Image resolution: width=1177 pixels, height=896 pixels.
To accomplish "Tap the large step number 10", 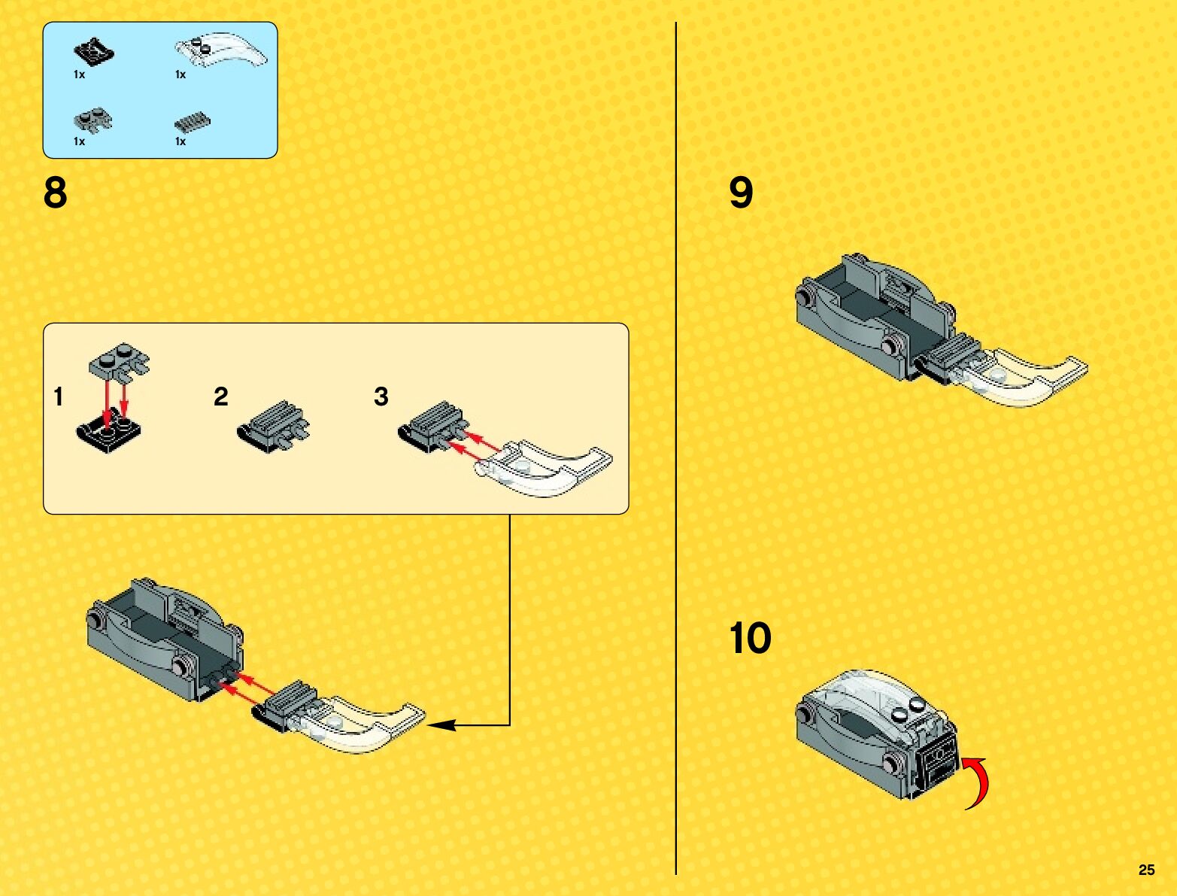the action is [x=750, y=637].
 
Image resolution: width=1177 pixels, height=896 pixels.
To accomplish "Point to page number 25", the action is [x=1146, y=870].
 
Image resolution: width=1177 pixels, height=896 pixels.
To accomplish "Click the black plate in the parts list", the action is [x=94, y=52].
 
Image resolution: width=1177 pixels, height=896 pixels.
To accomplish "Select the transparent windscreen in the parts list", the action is [x=221, y=50].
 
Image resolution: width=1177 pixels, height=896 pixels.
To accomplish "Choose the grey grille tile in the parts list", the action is [x=193, y=123].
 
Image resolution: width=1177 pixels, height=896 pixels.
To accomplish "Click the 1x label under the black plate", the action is [x=80, y=75].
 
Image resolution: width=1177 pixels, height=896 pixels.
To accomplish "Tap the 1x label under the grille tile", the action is [x=180, y=141].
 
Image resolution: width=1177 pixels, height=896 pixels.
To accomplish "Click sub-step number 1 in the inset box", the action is [x=59, y=396].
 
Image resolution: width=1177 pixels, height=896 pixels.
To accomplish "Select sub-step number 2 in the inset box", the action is [x=221, y=396].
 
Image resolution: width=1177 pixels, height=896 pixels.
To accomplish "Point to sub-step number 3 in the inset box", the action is [x=381, y=396].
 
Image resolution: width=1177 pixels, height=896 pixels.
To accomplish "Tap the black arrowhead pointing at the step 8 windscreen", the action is [x=441, y=725].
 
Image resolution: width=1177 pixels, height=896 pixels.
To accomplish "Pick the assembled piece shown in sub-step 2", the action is [x=274, y=427].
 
